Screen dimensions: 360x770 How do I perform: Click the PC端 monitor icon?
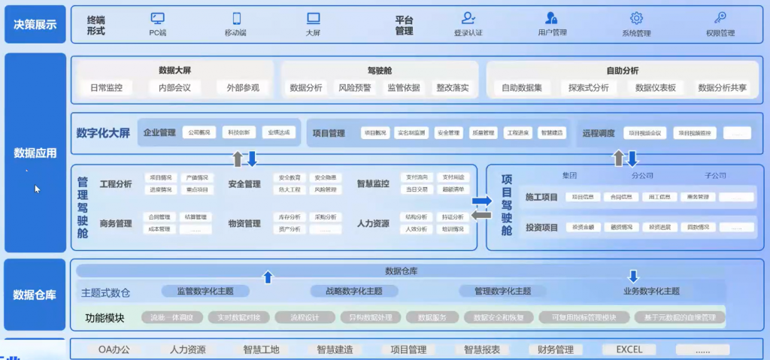158,18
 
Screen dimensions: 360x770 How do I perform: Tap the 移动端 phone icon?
236,18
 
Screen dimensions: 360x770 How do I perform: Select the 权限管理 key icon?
720,18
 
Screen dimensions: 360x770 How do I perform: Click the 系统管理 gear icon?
636,18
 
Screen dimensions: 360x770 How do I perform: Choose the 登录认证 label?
468,33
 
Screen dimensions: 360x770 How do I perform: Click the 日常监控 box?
106,88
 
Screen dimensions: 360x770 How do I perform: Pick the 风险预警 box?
354,88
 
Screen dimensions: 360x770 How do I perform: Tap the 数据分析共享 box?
722,88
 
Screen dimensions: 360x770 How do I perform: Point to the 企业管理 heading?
159,133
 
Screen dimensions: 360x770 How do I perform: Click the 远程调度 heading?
599,134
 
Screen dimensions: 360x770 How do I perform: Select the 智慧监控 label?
373,183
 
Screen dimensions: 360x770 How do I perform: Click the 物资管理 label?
244,223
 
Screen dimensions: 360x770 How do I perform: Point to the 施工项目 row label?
541,197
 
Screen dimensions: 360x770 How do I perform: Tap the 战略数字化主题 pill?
353,292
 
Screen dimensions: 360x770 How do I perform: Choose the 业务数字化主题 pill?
651,292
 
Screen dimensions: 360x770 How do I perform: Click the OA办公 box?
114,349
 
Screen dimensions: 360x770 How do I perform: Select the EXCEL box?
629,349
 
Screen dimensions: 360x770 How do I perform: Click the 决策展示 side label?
35,25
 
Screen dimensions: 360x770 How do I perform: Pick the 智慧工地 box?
261,349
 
